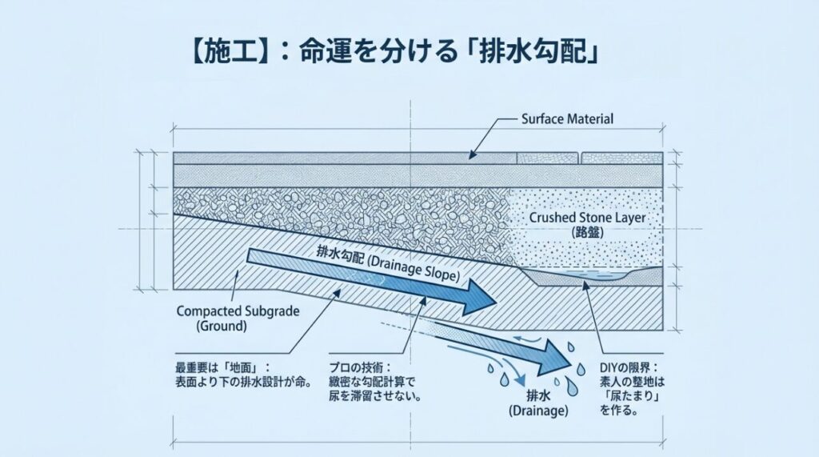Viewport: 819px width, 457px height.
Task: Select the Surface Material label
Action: pos(567,119)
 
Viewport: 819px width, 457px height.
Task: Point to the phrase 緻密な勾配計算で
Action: pos(372,382)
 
